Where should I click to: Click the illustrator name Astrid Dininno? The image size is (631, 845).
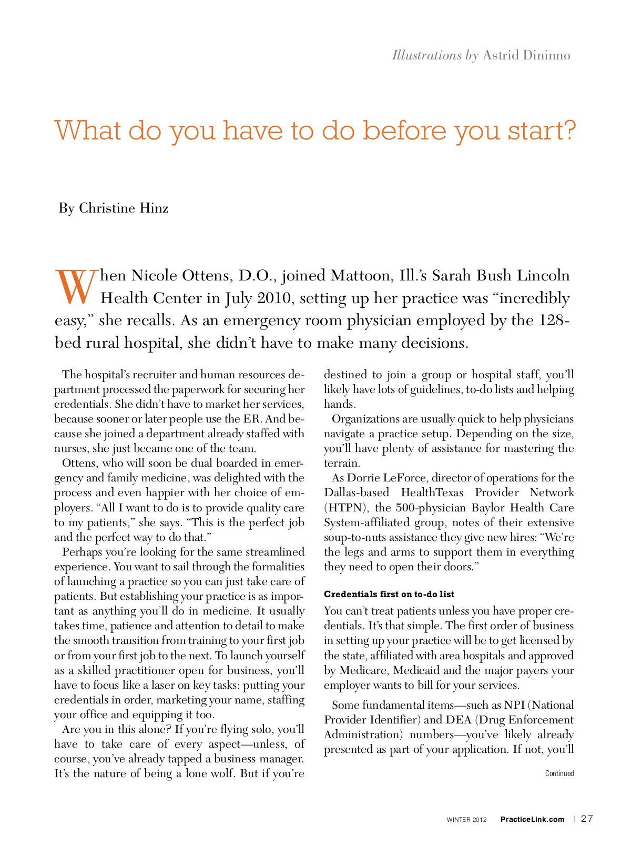pyautogui.click(x=526, y=55)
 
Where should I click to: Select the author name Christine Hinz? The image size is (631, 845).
pyautogui.click(x=124, y=208)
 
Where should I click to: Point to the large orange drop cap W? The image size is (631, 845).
pyautogui.click(x=76, y=287)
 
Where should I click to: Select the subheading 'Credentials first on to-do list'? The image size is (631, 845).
pyautogui.click(x=389, y=594)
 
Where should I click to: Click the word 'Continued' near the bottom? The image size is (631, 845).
pyautogui.click(x=559, y=773)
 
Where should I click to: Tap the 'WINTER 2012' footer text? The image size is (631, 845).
pyautogui.click(x=467, y=820)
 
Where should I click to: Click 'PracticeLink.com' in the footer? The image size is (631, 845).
pyautogui.click(x=532, y=819)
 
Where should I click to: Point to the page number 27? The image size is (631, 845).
pyautogui.click(x=587, y=819)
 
